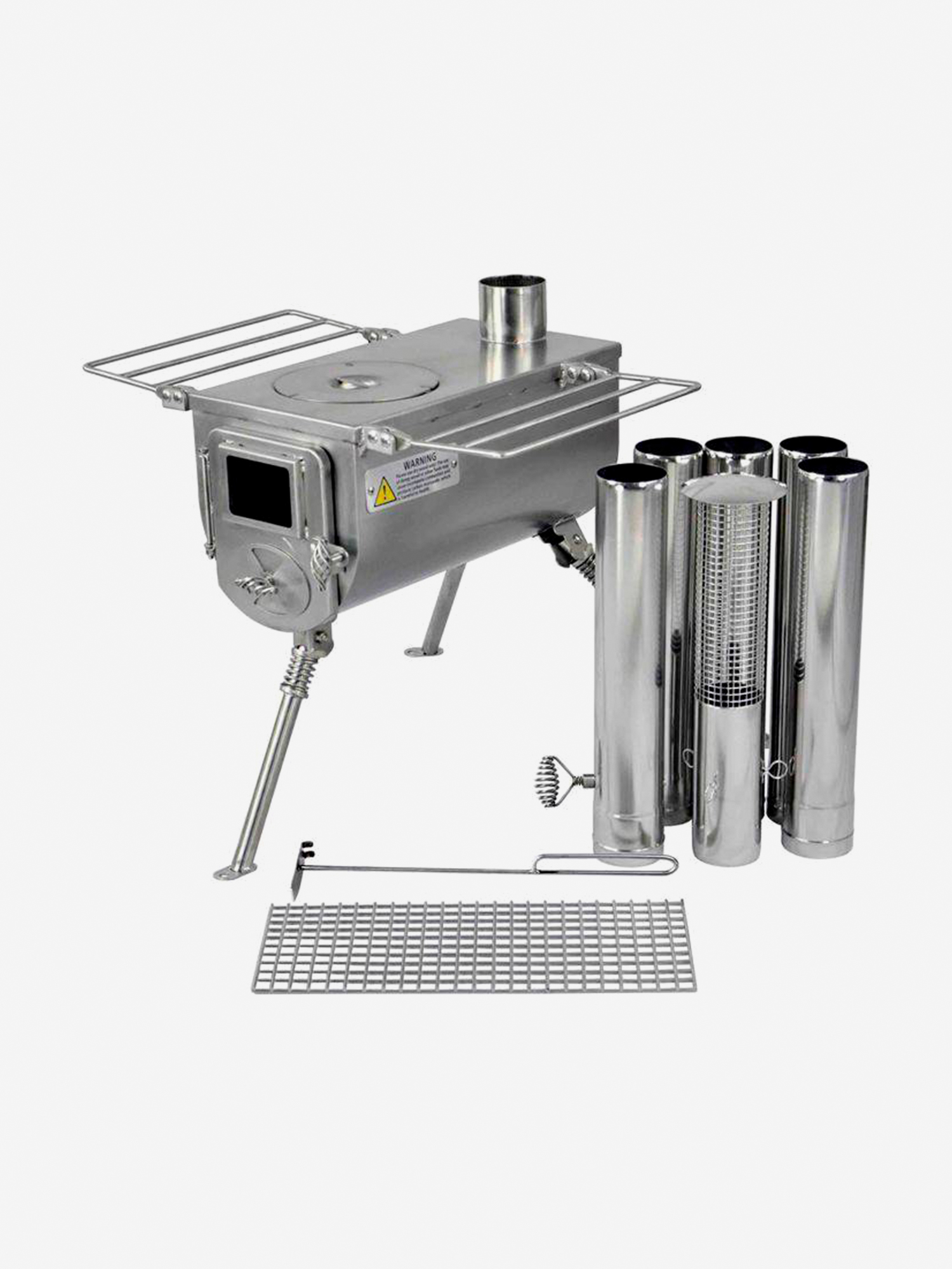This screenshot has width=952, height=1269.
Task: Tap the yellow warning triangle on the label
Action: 385,493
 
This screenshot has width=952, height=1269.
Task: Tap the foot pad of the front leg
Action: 230,873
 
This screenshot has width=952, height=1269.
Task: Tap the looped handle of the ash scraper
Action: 603,865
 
